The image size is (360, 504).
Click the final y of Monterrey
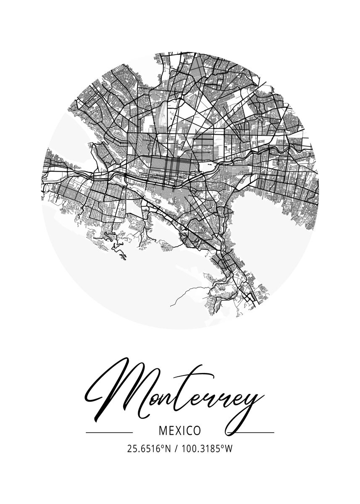(x=248, y=405)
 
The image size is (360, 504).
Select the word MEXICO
(x=180, y=431)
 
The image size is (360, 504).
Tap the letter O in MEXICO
(x=196, y=431)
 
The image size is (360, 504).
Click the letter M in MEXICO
(x=163, y=431)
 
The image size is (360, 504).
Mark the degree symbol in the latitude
(x=163, y=447)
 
